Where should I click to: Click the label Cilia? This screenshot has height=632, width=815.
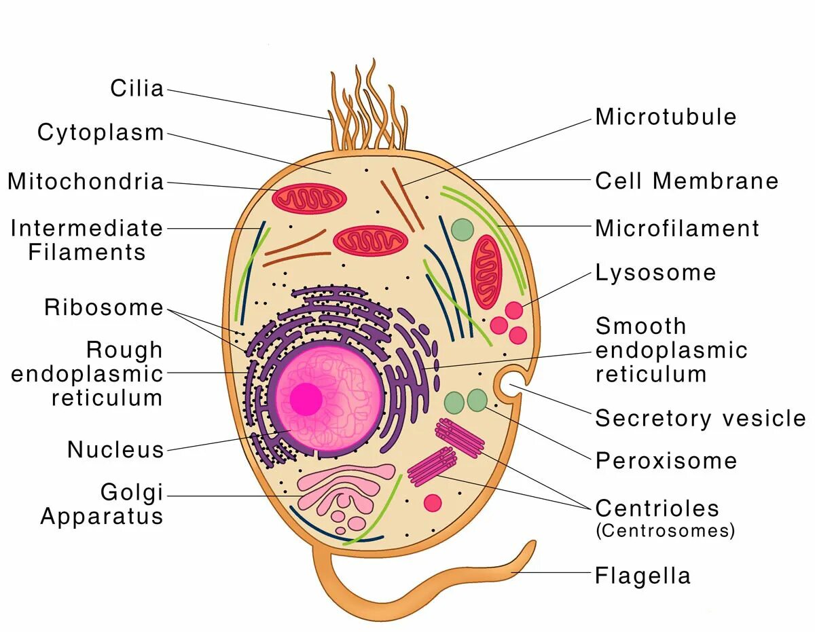point(137,88)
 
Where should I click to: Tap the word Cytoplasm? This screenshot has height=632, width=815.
point(101,132)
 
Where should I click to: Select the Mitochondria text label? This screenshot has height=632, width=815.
point(86,182)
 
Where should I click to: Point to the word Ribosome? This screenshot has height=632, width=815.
point(104,308)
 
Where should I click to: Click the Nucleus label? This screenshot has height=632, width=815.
point(115,449)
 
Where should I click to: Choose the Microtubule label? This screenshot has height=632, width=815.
point(666,117)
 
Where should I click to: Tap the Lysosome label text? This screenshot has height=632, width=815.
point(655,273)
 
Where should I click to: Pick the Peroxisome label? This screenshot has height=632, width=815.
point(666,461)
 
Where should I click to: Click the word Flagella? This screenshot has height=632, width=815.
point(642,576)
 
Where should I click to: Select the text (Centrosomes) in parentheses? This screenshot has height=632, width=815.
point(665,531)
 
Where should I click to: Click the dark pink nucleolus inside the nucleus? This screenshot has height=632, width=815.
point(306,398)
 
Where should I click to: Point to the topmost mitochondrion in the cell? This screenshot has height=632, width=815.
point(310,198)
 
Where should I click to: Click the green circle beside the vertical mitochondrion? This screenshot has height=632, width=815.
point(462,229)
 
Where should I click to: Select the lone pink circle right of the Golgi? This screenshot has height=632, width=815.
point(433,502)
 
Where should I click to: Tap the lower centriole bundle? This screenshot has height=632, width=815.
point(432,466)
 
